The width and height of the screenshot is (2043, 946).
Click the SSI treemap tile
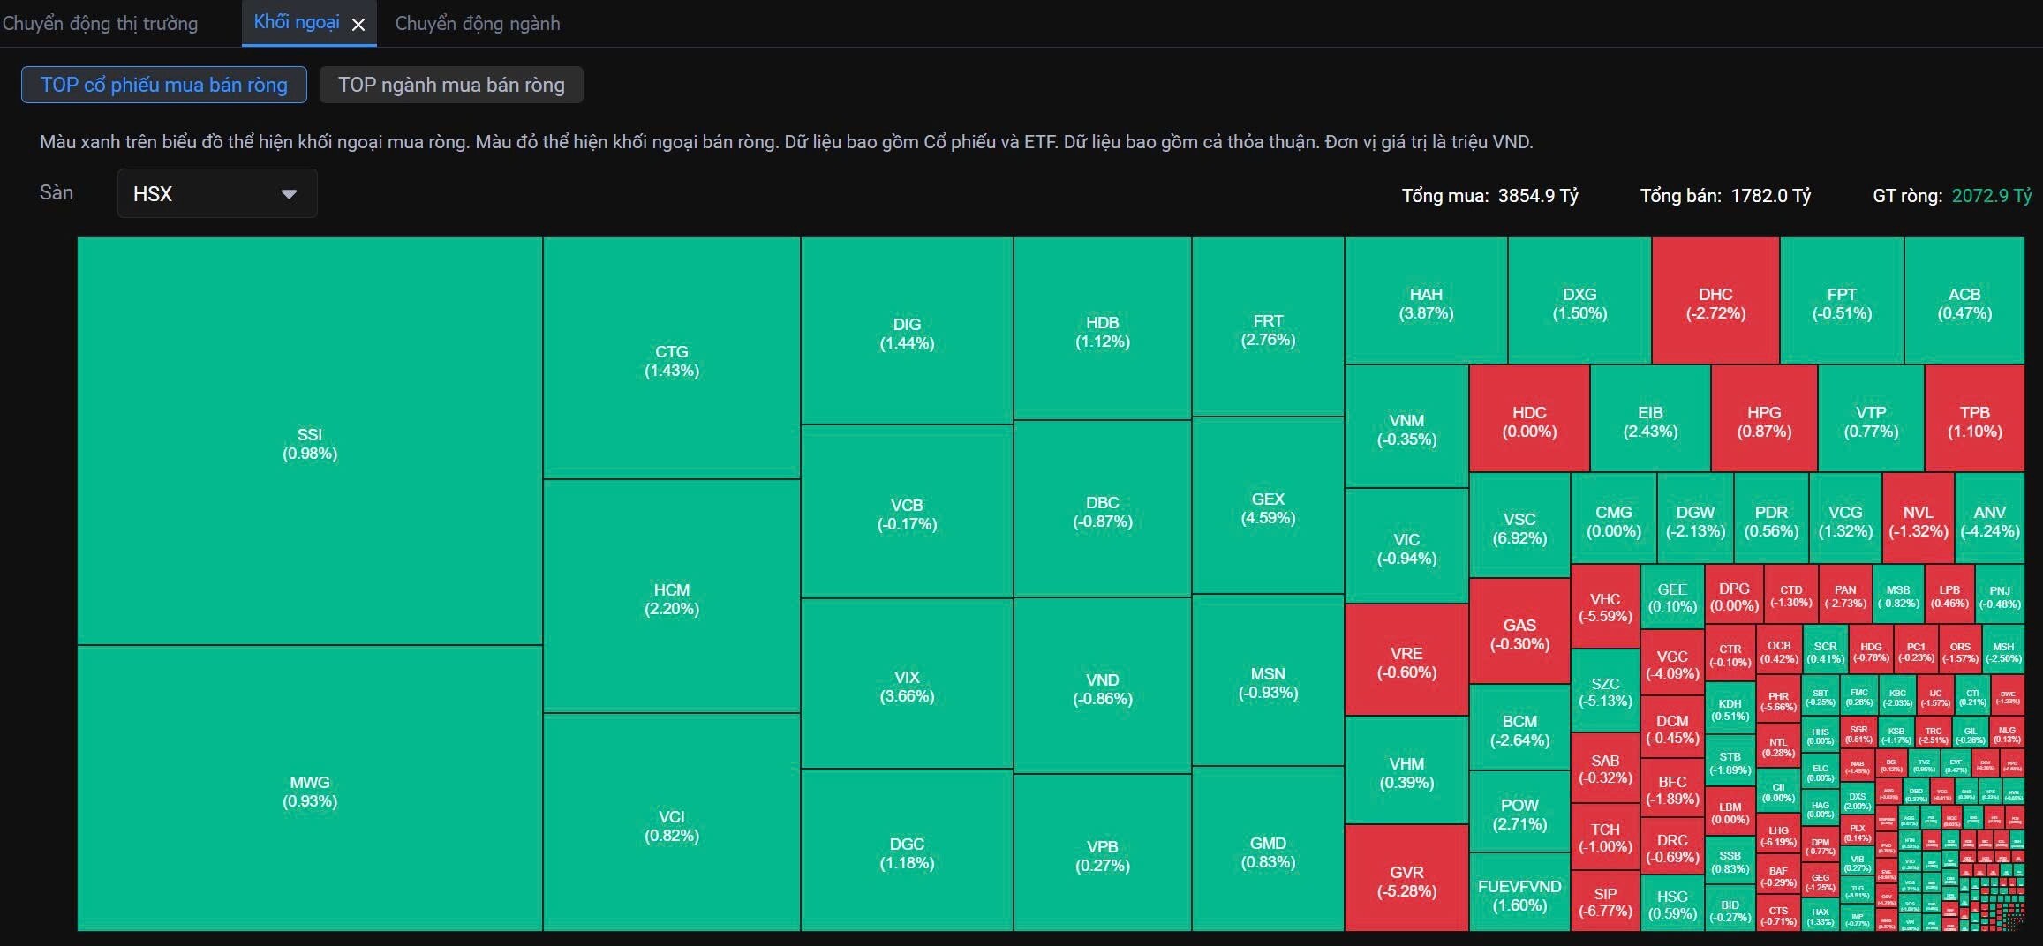(x=309, y=443)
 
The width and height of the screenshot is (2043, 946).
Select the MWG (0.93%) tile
(x=309, y=791)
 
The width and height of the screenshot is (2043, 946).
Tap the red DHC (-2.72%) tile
(x=1715, y=303)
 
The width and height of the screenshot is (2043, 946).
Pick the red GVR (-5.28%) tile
(x=1406, y=880)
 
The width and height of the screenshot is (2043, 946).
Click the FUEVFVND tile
(x=1519, y=894)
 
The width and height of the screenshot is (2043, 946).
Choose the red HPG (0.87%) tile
(x=1763, y=421)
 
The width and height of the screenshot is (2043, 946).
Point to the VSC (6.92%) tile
(x=1519, y=528)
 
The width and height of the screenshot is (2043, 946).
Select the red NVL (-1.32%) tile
(x=1918, y=521)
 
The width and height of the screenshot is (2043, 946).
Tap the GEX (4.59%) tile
(x=1267, y=507)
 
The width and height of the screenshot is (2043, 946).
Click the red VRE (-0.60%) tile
(x=1406, y=662)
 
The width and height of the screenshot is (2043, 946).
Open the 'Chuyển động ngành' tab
(x=477, y=24)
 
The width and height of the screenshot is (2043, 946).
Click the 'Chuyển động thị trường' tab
(x=100, y=24)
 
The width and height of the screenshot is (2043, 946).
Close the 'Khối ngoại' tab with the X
(x=358, y=25)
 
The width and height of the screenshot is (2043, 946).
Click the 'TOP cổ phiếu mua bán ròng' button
(x=164, y=85)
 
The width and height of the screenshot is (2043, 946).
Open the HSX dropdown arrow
(x=289, y=194)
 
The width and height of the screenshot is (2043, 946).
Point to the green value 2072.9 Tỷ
(x=1991, y=196)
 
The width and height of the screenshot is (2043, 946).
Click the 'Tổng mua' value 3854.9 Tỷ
(x=1537, y=196)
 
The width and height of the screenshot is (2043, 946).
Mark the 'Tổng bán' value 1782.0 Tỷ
(x=1770, y=196)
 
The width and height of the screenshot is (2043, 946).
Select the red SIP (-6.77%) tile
(x=1604, y=901)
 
